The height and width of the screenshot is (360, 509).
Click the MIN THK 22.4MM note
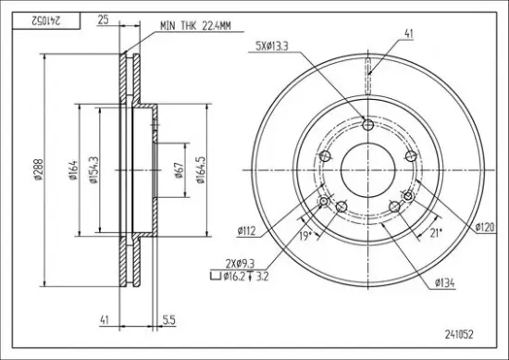[195, 26]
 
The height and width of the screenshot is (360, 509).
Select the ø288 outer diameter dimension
[39, 169]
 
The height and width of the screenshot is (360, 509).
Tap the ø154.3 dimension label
[93, 169]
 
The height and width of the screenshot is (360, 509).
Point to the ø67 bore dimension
[180, 170]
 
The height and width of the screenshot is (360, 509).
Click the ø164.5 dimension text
[201, 169]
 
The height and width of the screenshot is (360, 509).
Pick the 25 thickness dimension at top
[103, 19]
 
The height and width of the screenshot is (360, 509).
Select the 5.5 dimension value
[168, 320]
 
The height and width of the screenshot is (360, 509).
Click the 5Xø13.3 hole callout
[272, 46]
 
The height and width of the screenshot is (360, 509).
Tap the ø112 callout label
[247, 230]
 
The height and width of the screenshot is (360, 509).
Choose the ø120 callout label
[485, 227]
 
